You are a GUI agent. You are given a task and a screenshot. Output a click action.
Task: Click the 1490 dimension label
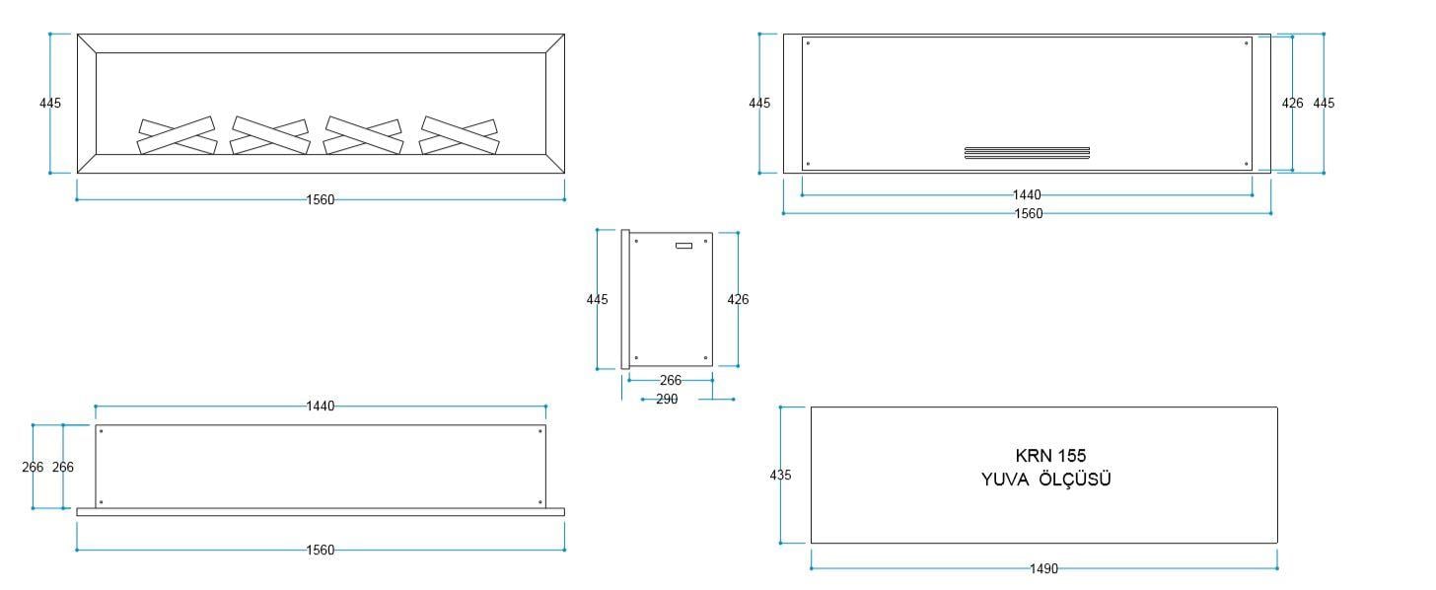1043,569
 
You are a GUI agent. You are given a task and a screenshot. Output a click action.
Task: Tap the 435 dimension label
780,476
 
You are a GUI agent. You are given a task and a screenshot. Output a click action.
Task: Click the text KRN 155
1050,456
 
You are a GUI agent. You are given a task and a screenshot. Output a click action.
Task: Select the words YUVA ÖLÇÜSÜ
1045,479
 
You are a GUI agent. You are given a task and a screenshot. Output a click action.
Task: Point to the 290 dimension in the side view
667,399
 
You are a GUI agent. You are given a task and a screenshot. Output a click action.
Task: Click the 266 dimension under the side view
671,380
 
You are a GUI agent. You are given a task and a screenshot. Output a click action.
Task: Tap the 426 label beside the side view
738,300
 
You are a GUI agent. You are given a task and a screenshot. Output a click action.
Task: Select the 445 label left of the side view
597,300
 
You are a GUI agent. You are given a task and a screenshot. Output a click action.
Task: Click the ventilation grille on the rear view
1027,153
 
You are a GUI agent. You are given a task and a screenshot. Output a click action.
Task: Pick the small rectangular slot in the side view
684,246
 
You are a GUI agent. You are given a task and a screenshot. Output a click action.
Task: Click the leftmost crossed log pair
177,135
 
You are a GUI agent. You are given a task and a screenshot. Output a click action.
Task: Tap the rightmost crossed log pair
459,135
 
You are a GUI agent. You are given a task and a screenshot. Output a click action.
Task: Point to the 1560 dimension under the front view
320,200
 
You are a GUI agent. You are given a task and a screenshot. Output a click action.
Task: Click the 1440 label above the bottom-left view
320,406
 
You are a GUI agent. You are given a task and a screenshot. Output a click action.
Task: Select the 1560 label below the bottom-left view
320,551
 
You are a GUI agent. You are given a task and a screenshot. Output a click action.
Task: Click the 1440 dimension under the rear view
1027,195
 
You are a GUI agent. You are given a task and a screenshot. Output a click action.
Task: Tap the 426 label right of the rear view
1292,104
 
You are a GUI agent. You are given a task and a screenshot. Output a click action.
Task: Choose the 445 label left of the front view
50,104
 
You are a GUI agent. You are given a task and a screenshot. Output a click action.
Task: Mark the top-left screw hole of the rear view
808,43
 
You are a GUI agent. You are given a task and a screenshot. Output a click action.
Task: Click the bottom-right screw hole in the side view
705,358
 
